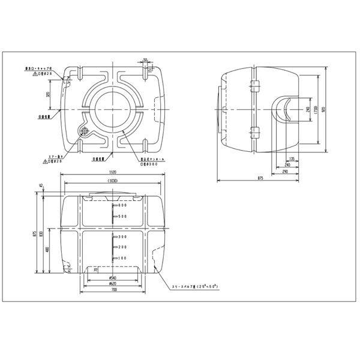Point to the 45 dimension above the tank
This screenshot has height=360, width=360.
coord(41,186)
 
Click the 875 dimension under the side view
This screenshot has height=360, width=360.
coord(260,178)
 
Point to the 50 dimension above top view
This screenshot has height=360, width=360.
coord(146,60)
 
